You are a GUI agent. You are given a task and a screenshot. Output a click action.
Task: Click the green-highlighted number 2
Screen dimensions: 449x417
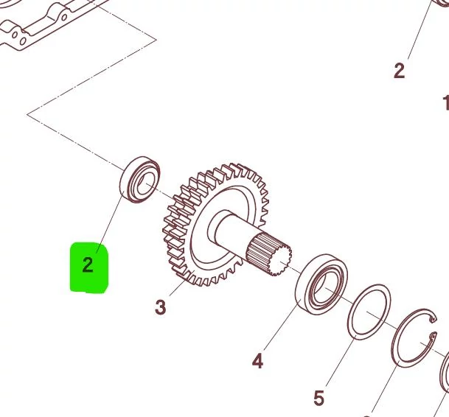tap(88, 265)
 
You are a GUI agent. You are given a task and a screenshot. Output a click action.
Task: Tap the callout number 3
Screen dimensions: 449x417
tap(161, 307)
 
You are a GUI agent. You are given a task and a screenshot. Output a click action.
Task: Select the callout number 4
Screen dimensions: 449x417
tap(257, 361)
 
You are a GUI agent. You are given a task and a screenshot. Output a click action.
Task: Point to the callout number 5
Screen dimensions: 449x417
tap(319, 398)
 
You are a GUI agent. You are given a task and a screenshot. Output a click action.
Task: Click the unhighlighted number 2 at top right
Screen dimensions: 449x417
tap(399, 71)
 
